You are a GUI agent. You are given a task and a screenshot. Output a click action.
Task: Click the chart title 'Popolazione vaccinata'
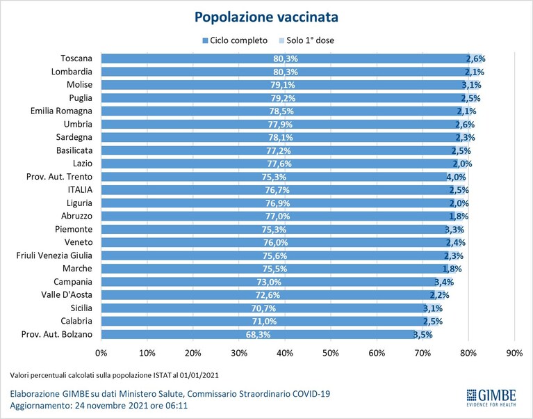coord(266,17)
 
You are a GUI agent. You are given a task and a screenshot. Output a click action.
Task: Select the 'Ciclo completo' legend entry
coord(235,40)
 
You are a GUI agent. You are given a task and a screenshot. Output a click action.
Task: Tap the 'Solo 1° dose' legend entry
coord(306,40)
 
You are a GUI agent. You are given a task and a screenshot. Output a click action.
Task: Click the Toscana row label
coord(76,58)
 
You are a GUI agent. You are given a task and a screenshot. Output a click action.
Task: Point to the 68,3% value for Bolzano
coord(258,335)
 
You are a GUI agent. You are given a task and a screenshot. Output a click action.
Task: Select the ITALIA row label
coord(80,190)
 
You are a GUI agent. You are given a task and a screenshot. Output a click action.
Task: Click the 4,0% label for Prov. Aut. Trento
coord(456,177)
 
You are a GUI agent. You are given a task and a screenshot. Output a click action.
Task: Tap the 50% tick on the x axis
coord(330,353)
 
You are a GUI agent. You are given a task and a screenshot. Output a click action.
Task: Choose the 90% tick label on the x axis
coord(514,353)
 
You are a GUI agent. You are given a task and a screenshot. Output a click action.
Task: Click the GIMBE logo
coord(491,397)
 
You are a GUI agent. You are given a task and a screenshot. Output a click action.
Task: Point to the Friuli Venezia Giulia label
coord(54,255)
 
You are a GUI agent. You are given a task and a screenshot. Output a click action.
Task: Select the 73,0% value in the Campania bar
coord(269,282)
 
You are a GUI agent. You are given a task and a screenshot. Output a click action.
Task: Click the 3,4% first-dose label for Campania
coord(444,282)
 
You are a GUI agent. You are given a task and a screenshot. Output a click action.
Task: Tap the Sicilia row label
coord(81,308)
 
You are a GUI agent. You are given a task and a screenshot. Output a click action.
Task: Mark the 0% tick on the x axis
coord(101,353)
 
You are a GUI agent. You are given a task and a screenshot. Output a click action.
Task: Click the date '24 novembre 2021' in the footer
coord(111,405)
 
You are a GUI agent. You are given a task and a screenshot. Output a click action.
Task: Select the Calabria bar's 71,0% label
coord(264,322)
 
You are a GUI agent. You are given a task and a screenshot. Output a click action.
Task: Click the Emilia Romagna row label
coord(61,111)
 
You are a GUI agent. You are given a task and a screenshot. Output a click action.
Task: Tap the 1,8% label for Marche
coord(452,269)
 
